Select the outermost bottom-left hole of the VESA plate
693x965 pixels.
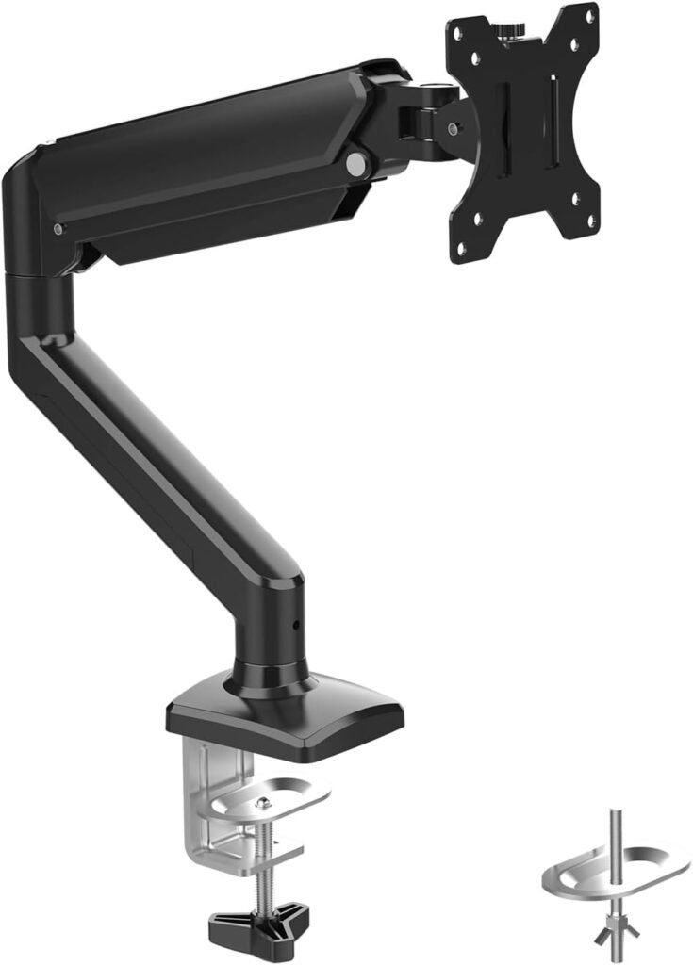coord(462,248)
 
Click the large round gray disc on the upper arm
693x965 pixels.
coord(355,164)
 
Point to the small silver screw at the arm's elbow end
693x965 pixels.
coord(58,229)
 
